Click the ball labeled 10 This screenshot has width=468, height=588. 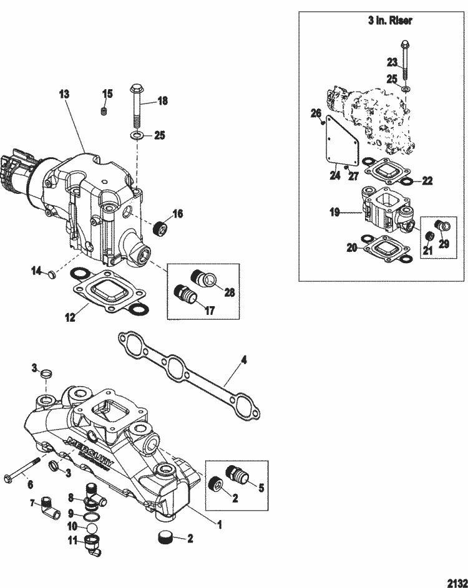(92, 528)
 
